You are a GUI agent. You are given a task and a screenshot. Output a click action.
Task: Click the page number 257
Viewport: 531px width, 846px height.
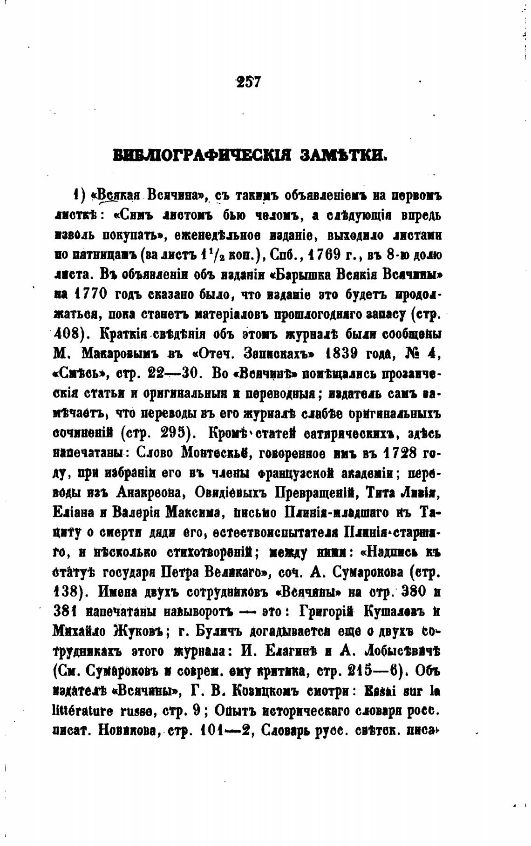[x=249, y=82]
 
